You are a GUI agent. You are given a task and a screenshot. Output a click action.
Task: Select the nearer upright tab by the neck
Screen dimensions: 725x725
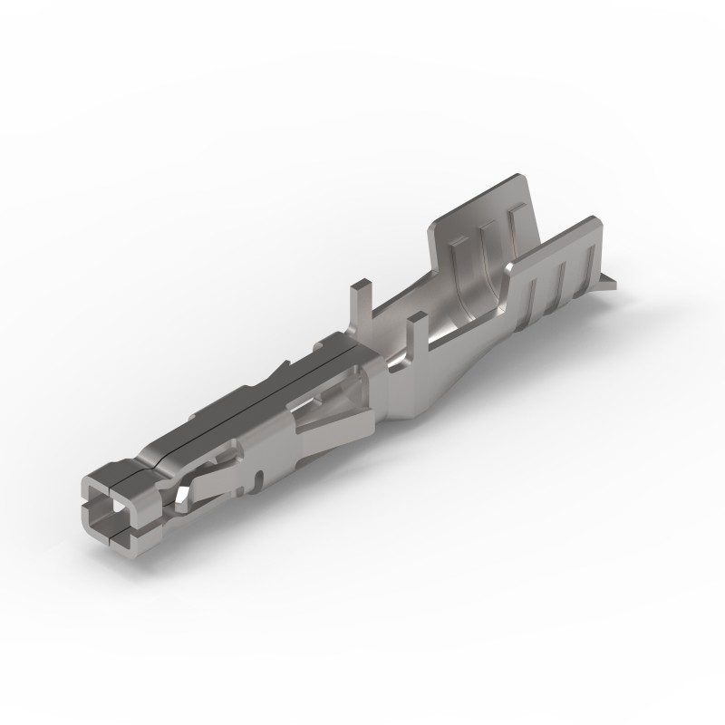pyautogui.click(x=418, y=330)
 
